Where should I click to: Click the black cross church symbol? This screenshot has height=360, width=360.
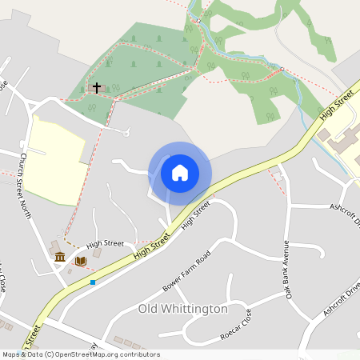(x=97, y=87)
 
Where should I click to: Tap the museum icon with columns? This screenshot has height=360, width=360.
(x=60, y=256)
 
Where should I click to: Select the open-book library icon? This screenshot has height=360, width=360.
(x=80, y=261)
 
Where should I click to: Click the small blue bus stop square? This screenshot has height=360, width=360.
(x=93, y=282)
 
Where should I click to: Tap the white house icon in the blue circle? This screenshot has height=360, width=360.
(x=180, y=173)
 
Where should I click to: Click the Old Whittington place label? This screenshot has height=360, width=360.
(x=183, y=308)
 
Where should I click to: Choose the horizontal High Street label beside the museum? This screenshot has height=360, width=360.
(x=105, y=243)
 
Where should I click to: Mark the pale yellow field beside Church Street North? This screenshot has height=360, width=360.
(x=56, y=156)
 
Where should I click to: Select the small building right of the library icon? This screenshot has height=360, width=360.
(x=97, y=253)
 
